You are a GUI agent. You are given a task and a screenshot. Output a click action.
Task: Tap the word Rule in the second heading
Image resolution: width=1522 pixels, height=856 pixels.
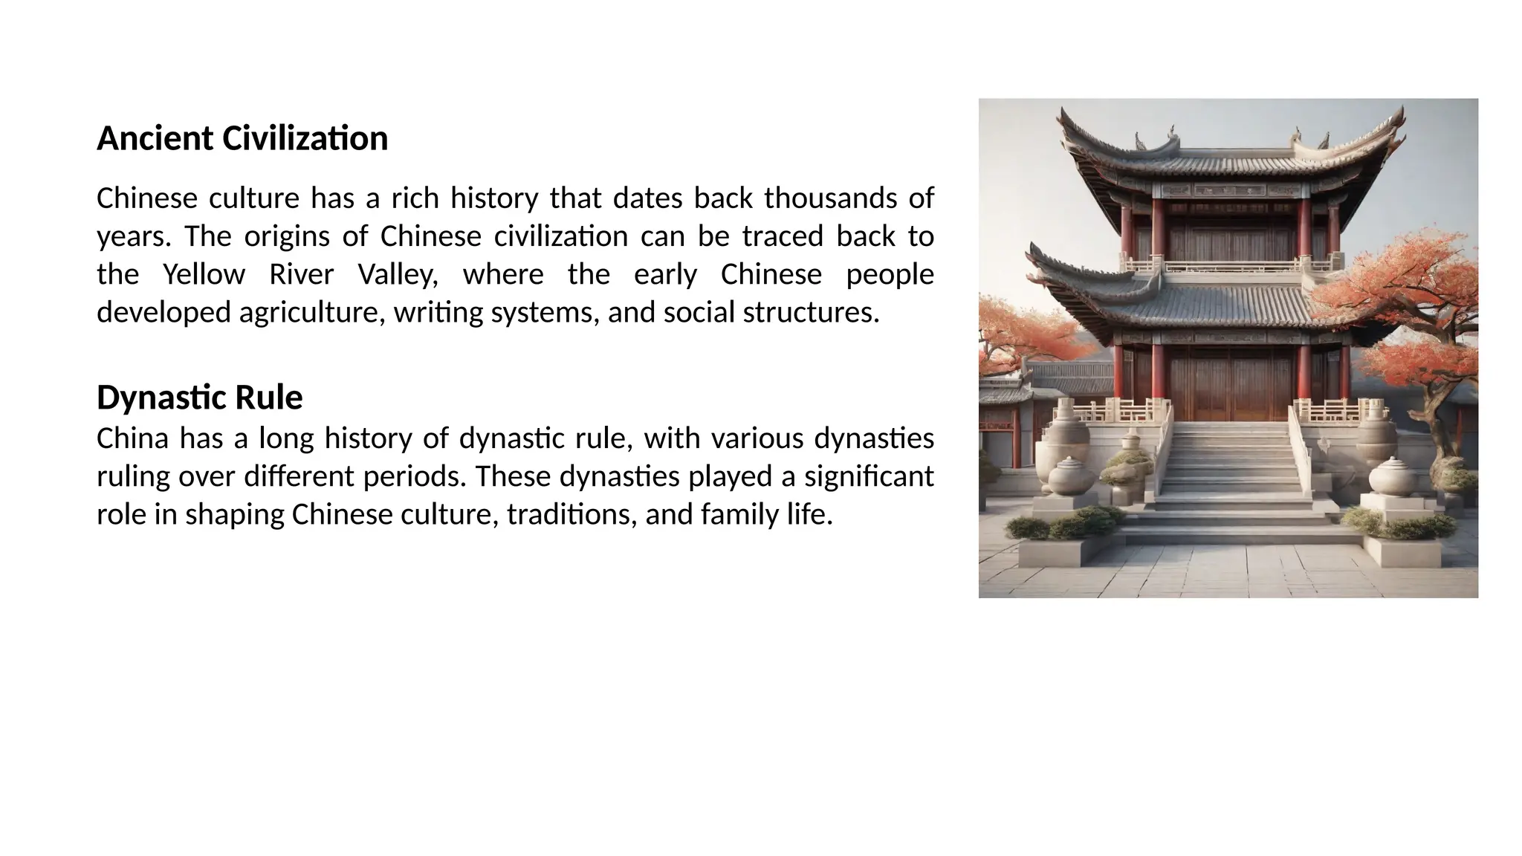click(268, 398)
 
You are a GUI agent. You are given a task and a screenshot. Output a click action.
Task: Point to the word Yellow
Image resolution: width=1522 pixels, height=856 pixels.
click(204, 275)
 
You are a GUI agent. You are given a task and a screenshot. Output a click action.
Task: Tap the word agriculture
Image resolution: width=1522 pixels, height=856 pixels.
click(312, 313)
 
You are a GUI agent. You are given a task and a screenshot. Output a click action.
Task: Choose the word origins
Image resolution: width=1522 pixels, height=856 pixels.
click(287, 236)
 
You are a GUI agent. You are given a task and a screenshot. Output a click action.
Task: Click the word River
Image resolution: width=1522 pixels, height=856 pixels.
click(301, 275)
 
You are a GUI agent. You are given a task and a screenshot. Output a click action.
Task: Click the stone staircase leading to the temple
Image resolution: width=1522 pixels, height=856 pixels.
click(1229, 476)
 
